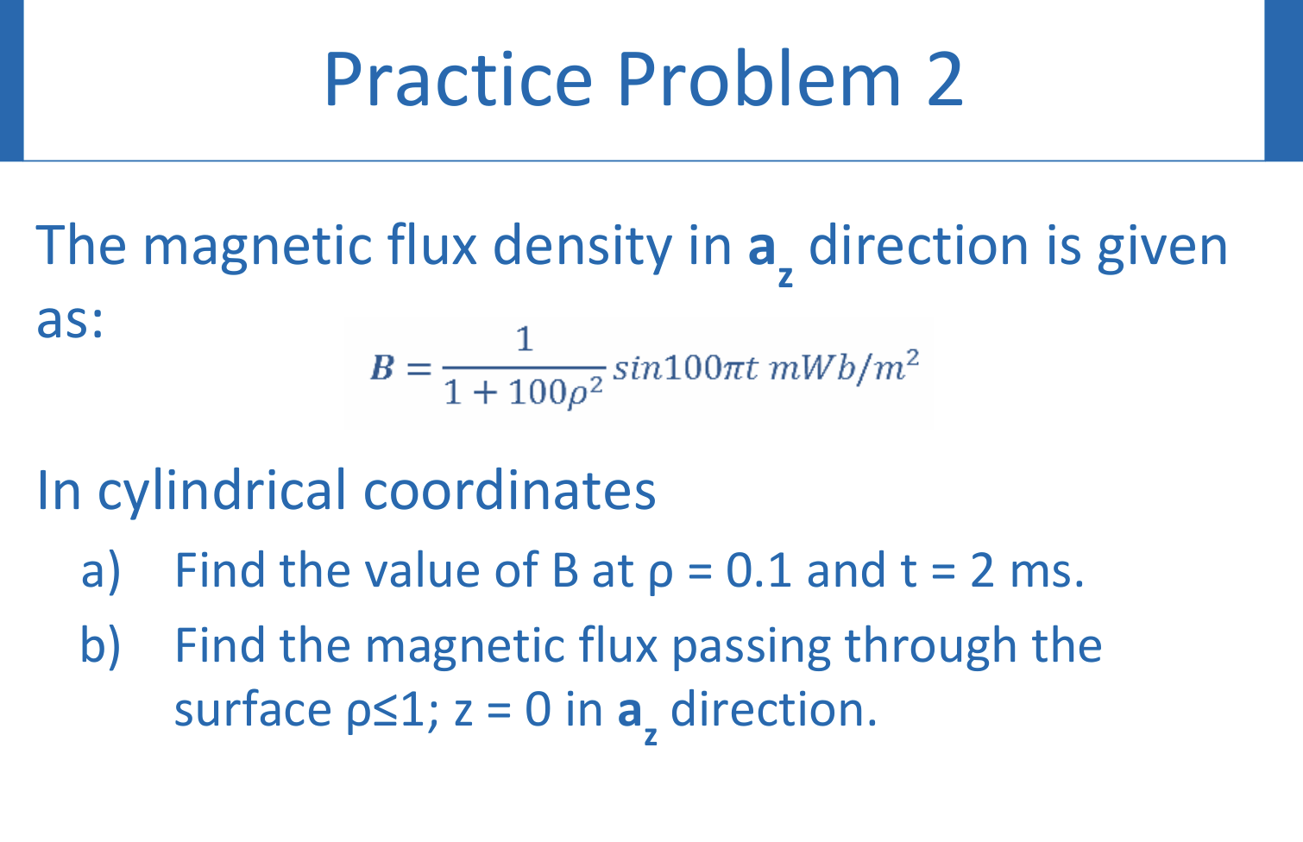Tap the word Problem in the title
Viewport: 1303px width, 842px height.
[x=759, y=79]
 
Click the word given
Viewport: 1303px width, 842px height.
[x=1161, y=247]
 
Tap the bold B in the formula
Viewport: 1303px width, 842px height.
[x=381, y=368]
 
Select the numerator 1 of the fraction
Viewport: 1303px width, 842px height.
[x=524, y=339]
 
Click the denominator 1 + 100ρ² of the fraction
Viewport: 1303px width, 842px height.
[x=523, y=393]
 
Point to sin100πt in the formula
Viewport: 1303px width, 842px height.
[x=685, y=368]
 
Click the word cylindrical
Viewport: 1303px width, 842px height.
[x=221, y=491]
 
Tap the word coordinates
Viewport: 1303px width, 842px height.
[x=509, y=491]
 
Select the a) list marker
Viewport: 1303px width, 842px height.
[x=100, y=570]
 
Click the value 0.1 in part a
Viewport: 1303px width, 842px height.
[x=759, y=570]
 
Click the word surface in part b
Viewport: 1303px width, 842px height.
[x=253, y=711]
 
